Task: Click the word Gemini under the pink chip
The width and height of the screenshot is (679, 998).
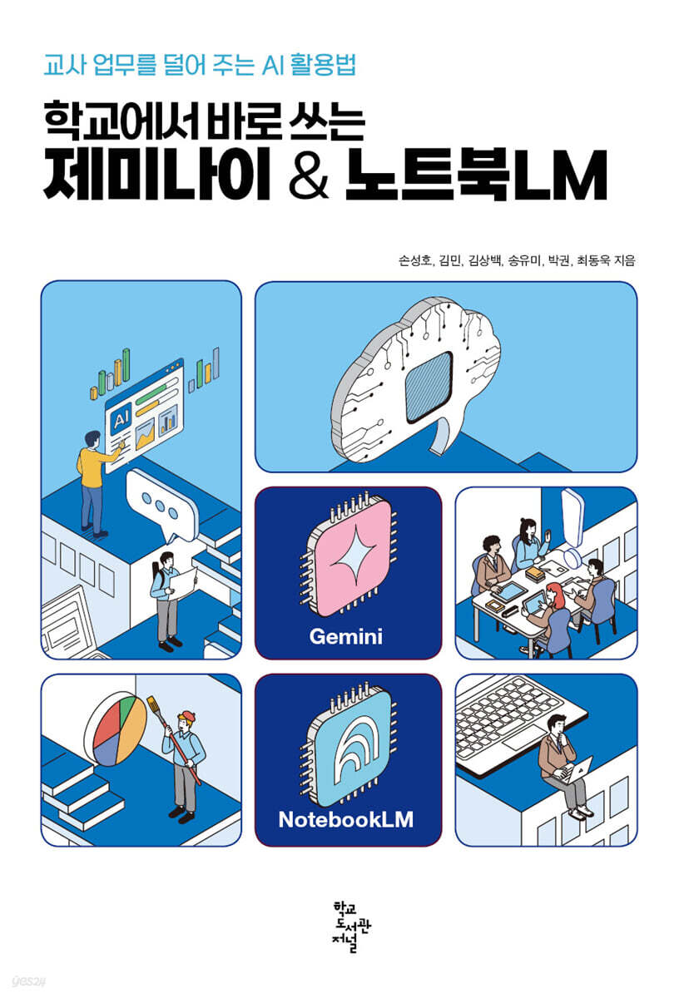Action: pyautogui.click(x=345, y=637)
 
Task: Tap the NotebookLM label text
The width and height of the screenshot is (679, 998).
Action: pyautogui.click(x=345, y=820)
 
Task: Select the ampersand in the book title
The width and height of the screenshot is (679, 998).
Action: pyautogui.click(x=309, y=175)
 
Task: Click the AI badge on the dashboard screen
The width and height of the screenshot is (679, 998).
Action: pyautogui.click(x=121, y=419)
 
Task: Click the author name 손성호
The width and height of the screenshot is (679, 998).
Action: pyautogui.click(x=414, y=260)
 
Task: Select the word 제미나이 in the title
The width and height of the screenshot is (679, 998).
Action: pyautogui.click(x=157, y=175)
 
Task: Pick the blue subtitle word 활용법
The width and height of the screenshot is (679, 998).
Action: pyautogui.click(x=323, y=65)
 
